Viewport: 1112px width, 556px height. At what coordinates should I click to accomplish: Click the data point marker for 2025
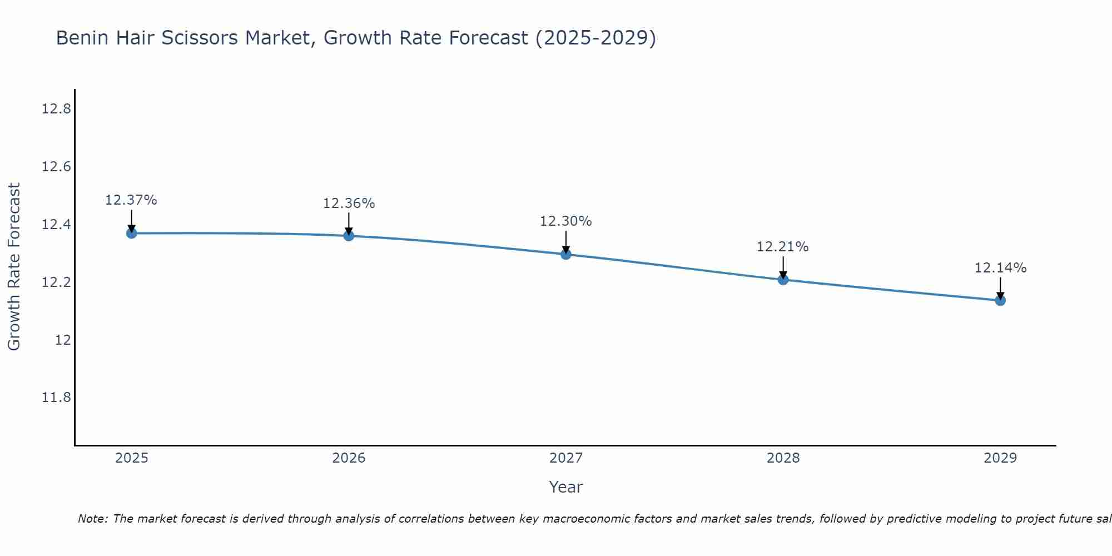click(x=131, y=233)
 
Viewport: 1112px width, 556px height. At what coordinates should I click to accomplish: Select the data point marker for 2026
click(x=349, y=236)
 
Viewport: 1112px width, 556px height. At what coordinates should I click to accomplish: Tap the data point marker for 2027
click(x=566, y=254)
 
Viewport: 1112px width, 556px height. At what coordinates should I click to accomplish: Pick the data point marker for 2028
click(x=783, y=279)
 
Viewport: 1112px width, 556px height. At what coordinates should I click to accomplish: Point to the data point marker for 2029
click(x=1000, y=300)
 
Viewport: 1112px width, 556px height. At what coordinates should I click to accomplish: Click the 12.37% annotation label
click(x=131, y=200)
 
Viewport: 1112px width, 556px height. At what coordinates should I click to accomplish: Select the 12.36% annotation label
click(x=349, y=203)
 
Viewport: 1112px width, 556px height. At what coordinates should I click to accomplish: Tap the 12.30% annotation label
click(x=566, y=221)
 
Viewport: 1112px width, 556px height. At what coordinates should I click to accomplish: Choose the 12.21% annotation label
click(x=782, y=247)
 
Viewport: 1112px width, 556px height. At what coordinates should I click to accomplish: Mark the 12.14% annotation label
click(x=1000, y=268)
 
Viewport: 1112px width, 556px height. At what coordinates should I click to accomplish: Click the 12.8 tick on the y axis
click(x=56, y=109)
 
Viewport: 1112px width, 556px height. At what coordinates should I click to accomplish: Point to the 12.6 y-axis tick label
click(x=56, y=167)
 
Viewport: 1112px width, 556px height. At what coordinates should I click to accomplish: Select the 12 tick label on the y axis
click(x=63, y=340)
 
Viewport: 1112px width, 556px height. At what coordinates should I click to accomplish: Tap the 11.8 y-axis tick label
click(x=56, y=398)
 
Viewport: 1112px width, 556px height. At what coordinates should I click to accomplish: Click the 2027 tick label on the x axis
click(x=566, y=458)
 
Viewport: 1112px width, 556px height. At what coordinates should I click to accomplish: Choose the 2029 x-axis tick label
click(x=1000, y=458)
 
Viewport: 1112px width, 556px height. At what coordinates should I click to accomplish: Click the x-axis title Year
click(x=566, y=487)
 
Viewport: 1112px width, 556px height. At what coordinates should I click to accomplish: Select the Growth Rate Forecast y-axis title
click(x=14, y=267)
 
